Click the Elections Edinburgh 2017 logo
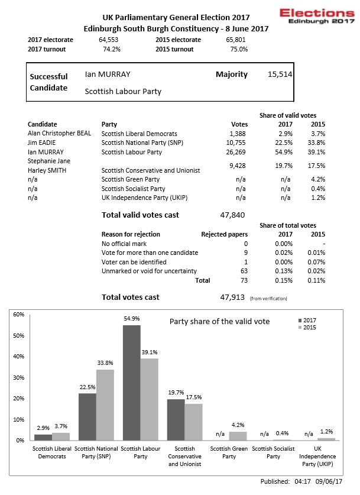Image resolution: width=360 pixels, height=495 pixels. (x=317, y=16)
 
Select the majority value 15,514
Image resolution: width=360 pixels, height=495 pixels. (x=280, y=75)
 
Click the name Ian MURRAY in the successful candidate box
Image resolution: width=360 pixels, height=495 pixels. (x=108, y=75)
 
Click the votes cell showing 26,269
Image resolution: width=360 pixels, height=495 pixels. (x=236, y=152)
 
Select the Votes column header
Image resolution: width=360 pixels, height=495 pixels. (x=239, y=125)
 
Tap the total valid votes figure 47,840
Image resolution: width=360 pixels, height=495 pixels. (x=232, y=215)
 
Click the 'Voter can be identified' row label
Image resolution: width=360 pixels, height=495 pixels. (x=134, y=262)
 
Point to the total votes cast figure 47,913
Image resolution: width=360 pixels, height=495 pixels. (x=232, y=297)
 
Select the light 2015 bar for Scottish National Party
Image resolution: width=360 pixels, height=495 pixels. (x=105, y=405)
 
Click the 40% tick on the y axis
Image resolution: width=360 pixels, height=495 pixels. (x=19, y=357)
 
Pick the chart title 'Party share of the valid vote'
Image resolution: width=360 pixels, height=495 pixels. (x=219, y=321)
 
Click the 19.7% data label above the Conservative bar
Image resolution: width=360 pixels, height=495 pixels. (x=176, y=392)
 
